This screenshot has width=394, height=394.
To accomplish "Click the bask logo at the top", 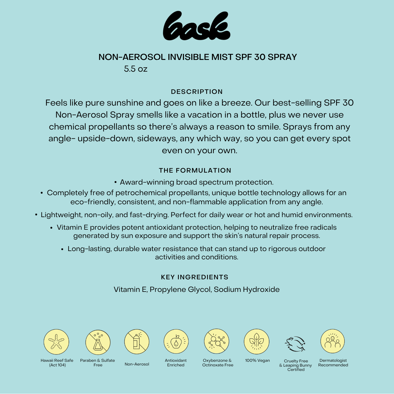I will click(x=197, y=26).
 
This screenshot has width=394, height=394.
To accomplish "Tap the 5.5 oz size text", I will click(x=136, y=69).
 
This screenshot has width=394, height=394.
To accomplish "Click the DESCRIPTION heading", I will click(x=197, y=92).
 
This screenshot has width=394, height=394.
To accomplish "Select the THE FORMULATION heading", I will click(x=195, y=170).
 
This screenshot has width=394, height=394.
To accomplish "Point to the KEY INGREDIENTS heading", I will click(x=195, y=277).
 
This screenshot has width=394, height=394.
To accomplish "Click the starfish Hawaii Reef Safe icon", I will click(x=56, y=342).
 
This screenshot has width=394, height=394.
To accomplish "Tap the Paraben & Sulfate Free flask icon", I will click(x=98, y=342).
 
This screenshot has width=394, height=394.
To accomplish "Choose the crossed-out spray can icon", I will click(x=137, y=342).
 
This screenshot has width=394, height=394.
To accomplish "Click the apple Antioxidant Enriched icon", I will click(x=176, y=342).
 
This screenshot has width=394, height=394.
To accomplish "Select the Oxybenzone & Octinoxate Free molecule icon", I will click(x=217, y=341).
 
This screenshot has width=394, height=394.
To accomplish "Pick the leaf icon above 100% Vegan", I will click(x=257, y=342).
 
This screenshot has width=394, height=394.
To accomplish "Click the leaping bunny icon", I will click(x=295, y=344).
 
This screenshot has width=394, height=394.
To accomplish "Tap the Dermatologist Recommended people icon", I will click(x=333, y=341).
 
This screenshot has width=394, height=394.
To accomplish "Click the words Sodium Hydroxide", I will click(x=247, y=290).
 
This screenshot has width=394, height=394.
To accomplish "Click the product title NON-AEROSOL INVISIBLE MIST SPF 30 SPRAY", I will click(x=197, y=57).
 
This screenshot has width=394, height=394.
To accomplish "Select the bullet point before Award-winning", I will click(x=116, y=182).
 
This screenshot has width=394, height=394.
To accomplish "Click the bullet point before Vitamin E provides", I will click(x=51, y=228).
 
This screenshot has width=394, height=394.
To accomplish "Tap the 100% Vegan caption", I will click(x=257, y=360).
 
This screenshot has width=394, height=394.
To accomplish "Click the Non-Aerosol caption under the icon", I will click(x=137, y=364).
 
